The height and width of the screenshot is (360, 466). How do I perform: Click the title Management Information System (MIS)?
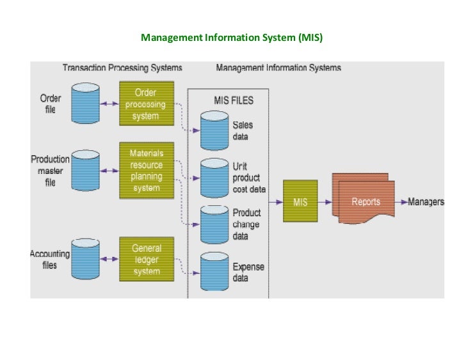pos(232,38)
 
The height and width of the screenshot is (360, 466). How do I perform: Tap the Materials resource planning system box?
pos(146,170)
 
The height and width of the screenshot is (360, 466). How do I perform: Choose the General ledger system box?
pos(146,259)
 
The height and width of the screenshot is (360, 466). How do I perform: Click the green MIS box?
pos(300,201)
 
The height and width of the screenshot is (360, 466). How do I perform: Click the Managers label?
pos(426,201)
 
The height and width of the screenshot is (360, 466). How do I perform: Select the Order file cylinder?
pos(85,104)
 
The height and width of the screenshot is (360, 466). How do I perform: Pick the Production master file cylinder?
pos(85,170)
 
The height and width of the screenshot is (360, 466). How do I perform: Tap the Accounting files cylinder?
pos(85,259)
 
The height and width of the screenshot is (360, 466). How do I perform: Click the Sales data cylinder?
pos(213,130)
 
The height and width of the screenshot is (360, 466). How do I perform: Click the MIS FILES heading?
pos(233,100)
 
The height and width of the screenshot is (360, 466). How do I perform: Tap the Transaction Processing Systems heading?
pos(122,68)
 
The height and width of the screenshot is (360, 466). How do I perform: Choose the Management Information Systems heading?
pos(278,68)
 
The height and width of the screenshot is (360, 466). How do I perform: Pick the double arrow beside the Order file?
pos(109,103)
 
